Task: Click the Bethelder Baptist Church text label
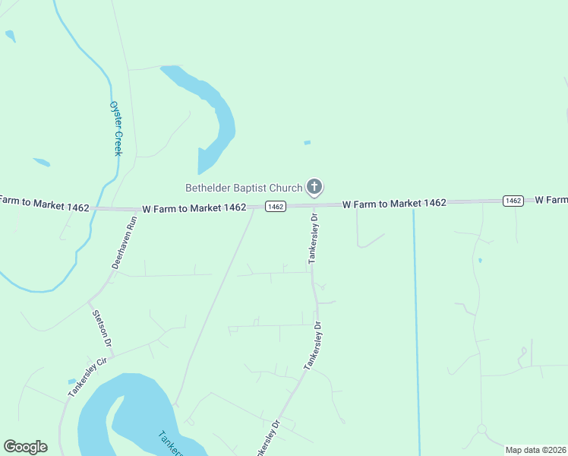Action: tap(244, 187)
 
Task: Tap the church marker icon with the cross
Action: tap(314, 186)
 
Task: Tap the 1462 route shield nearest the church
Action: tap(275, 207)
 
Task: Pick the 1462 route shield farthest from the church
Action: tap(513, 201)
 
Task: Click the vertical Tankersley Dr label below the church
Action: tap(313, 239)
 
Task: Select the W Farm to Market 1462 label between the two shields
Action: tap(393, 203)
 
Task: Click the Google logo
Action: tap(25, 446)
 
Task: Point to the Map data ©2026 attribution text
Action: tap(536, 450)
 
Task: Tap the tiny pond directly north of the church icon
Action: tap(307, 142)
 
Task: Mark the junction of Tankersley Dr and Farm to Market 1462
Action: tap(313, 205)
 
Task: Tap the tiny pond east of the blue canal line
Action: tap(480, 261)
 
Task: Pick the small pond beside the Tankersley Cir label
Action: tap(72, 381)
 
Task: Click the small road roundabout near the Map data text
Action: tap(481, 429)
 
